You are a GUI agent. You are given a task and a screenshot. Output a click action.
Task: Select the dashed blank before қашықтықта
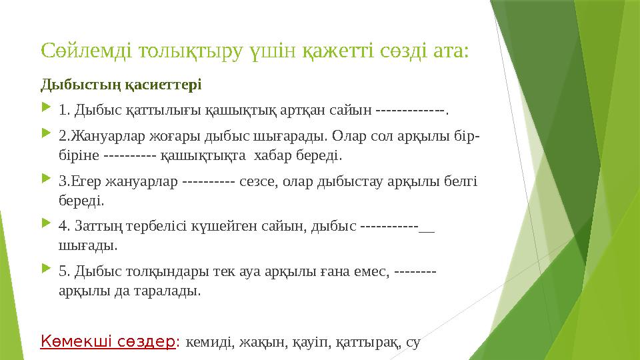point(131,156)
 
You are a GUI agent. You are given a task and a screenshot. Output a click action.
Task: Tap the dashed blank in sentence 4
point(396,225)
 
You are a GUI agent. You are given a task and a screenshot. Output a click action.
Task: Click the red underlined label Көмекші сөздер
point(109,341)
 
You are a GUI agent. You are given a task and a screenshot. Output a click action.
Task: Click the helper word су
point(413,343)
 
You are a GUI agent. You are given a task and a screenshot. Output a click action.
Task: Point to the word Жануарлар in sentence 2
point(105,137)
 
